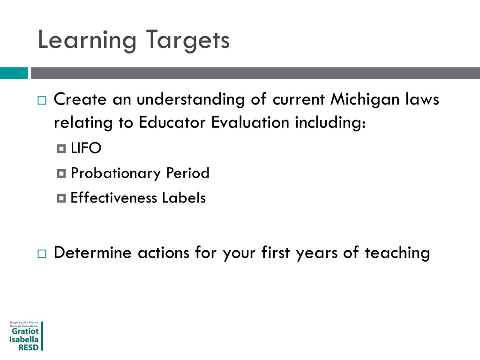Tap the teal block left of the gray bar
pos(14,73)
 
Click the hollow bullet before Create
pos(41,100)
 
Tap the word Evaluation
pos(250,122)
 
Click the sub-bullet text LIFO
pos(86,149)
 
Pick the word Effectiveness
pos(114,198)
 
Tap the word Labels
pos(184,198)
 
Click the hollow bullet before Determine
pos(41,254)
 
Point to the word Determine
pos(93,253)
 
